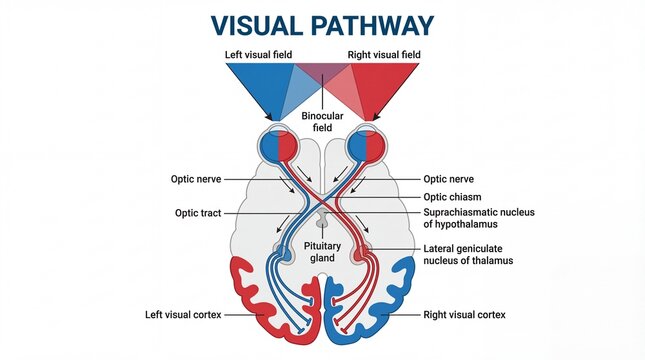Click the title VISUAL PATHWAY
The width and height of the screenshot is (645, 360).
322,23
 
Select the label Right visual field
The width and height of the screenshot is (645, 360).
385,54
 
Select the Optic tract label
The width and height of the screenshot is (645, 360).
200,213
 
